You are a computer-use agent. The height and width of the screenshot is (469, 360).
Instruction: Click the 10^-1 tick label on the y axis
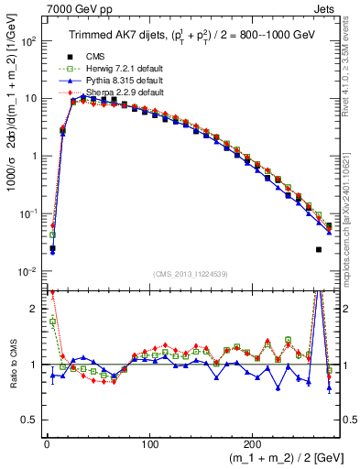(26, 214)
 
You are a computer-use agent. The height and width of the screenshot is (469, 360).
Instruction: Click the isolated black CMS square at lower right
(319, 249)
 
